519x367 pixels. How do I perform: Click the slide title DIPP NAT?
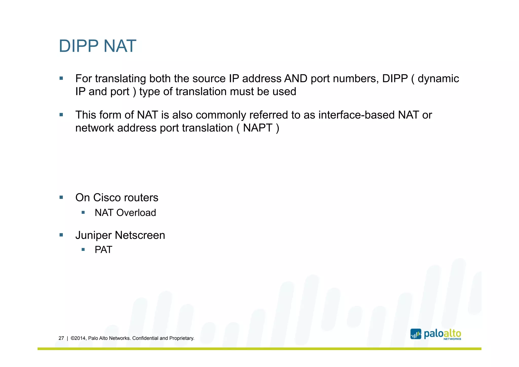(97, 46)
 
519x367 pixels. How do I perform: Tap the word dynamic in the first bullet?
(438, 79)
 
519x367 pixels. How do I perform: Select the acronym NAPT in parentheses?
(258, 128)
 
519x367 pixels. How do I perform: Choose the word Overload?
(136, 213)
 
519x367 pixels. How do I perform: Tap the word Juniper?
(94, 235)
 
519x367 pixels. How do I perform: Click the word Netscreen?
(140, 235)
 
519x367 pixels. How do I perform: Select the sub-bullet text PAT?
(103, 250)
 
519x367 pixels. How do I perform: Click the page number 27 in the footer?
(61, 338)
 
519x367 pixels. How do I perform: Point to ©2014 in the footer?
(78, 338)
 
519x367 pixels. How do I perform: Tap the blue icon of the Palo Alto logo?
(416, 334)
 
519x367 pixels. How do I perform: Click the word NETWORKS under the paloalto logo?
(452, 339)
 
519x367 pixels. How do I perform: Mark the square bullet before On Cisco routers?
(61, 197)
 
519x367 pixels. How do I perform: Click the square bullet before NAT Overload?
(83, 213)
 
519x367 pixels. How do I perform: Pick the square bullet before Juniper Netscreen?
(61, 235)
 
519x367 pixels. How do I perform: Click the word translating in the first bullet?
(120, 79)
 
